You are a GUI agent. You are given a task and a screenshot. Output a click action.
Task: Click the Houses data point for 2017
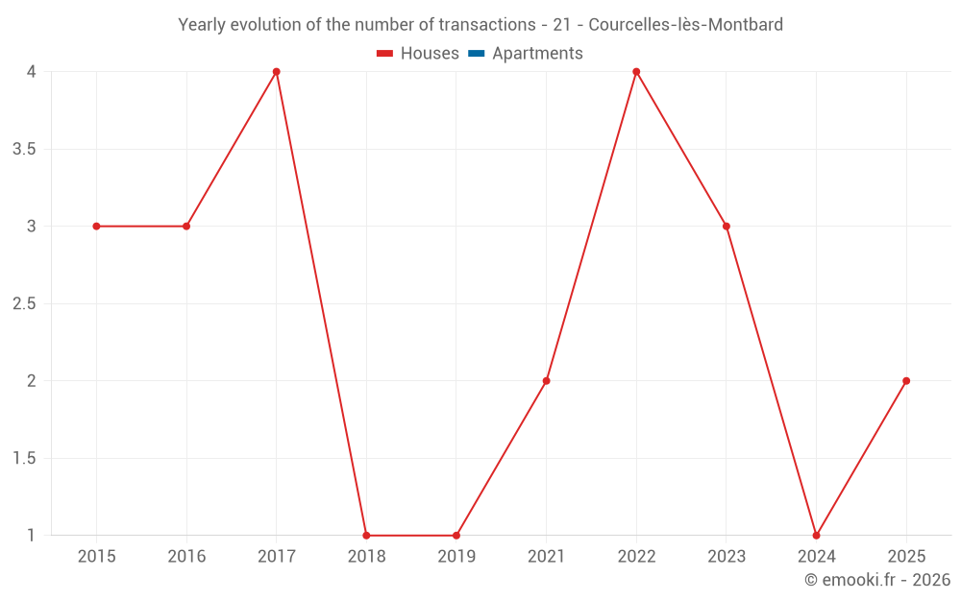(276, 72)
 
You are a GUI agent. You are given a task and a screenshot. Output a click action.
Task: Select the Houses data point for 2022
(636, 72)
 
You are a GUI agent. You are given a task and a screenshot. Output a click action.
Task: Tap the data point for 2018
(366, 536)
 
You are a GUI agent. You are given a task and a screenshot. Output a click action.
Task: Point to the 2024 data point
(816, 536)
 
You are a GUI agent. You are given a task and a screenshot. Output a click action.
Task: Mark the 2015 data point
(96, 227)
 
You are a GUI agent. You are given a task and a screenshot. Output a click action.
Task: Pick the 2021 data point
(546, 381)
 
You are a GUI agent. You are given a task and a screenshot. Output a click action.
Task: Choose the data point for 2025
(906, 381)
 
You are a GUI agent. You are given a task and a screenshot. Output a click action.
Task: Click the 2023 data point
(727, 227)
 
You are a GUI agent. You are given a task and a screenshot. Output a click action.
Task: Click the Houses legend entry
(418, 54)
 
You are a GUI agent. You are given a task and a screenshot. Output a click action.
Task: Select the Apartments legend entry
(526, 54)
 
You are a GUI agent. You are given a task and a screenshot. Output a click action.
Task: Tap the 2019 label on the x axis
(456, 557)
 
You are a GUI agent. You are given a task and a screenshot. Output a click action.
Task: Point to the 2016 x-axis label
(186, 557)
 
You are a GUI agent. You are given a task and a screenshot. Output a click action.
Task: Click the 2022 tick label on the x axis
(636, 557)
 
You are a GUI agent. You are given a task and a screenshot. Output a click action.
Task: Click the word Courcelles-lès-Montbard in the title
(685, 25)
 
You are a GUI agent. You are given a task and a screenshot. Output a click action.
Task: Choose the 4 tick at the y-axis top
(32, 72)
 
